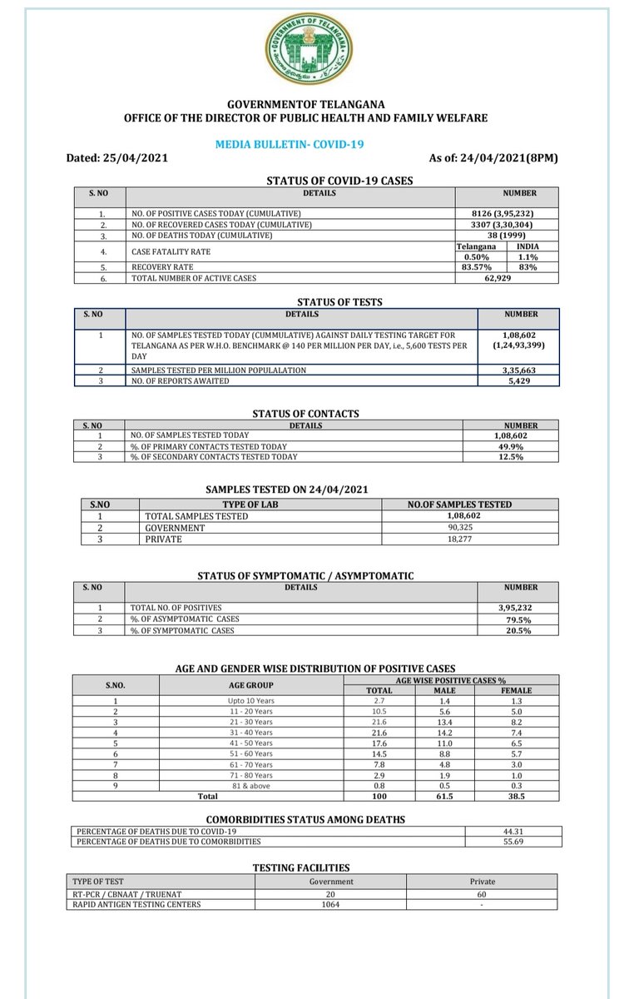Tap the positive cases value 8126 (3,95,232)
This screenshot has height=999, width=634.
[x=507, y=213]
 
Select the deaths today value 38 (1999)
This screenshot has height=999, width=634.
[x=507, y=236]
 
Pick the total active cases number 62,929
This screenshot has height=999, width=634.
[x=507, y=278]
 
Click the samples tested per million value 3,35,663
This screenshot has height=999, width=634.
[x=518, y=370]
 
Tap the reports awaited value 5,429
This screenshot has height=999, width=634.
[x=518, y=380]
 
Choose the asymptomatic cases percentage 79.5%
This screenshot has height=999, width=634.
[x=518, y=619]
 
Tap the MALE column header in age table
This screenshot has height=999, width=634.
[x=445, y=690]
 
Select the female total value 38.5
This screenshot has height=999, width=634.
[x=522, y=796]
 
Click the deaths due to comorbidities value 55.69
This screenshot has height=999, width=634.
[x=513, y=842]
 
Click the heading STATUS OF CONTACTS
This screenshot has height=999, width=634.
[x=306, y=414]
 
